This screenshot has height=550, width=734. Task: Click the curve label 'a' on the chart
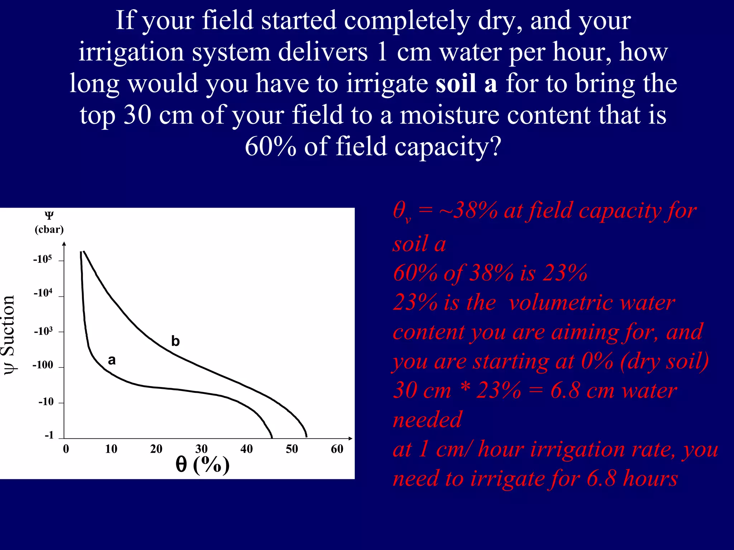[112, 360]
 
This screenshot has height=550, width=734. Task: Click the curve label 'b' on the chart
[175, 341]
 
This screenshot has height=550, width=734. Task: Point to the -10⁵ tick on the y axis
[43, 259]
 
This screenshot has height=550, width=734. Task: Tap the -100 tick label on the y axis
[43, 365]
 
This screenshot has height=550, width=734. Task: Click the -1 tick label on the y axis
[49, 435]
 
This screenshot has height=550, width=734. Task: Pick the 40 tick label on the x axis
[247, 449]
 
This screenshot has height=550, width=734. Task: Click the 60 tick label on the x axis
[337, 449]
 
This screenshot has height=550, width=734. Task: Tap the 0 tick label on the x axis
[66, 449]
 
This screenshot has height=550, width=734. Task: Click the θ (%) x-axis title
[202, 465]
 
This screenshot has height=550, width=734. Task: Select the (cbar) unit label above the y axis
[49, 230]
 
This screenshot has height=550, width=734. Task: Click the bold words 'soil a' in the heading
[466, 83]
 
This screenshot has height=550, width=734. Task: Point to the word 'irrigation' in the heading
[131, 52]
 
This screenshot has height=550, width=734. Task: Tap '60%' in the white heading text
[271, 146]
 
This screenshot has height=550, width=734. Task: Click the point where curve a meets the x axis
[272, 438]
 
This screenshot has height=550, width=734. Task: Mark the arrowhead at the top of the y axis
[64, 244]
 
